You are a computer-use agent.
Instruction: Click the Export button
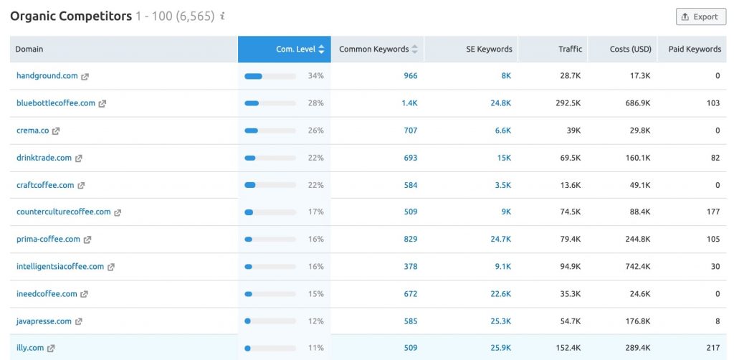pyautogui.click(x=700, y=16)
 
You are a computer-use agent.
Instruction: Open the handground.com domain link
pyautogui.click(x=47, y=76)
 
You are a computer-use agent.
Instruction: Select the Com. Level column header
pyautogui.click(x=295, y=49)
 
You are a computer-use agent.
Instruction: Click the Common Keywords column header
pyautogui.click(x=373, y=49)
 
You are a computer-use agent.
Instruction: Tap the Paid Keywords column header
pyautogui.click(x=694, y=49)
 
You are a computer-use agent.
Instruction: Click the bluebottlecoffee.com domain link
pyautogui.click(x=55, y=103)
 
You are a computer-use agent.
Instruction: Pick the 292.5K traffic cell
pyautogui.click(x=568, y=103)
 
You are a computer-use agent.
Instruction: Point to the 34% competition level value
pyautogui.click(x=315, y=76)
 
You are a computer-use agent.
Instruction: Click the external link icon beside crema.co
pyautogui.click(x=56, y=131)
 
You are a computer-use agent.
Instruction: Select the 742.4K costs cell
pyautogui.click(x=637, y=267)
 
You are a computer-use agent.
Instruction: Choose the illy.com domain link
pyautogui.click(x=30, y=348)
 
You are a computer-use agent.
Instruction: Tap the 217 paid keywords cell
pyautogui.click(x=712, y=348)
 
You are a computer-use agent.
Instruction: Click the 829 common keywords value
pyautogui.click(x=410, y=240)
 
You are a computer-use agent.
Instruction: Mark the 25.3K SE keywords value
pyautogui.click(x=501, y=321)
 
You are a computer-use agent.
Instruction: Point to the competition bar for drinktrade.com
pyautogui.click(x=270, y=158)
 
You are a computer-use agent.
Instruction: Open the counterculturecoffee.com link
pyautogui.click(x=63, y=212)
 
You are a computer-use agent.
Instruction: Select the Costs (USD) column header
pyautogui.click(x=630, y=49)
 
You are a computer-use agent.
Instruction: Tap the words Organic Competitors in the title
pyautogui.click(x=71, y=16)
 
